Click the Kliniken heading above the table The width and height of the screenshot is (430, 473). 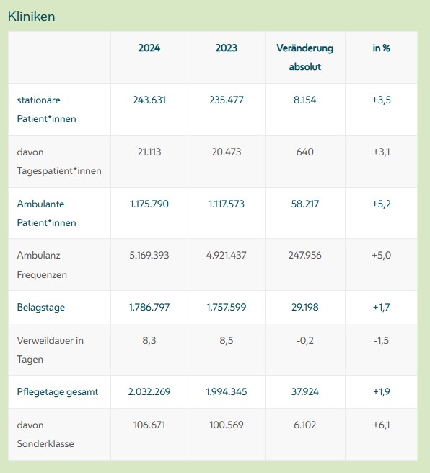pyautogui.click(x=31, y=17)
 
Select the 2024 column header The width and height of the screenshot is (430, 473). pyautogui.click(x=149, y=48)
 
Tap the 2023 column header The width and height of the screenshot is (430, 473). pyautogui.click(x=227, y=48)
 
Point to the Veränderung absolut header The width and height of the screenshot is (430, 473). pyautogui.click(x=305, y=57)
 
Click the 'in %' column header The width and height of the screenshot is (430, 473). pyautogui.click(x=381, y=48)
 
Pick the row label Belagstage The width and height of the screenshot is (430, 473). pyautogui.click(x=41, y=308)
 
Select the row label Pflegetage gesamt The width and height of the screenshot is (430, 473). pyautogui.click(x=58, y=392)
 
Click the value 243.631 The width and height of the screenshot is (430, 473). pyautogui.click(x=149, y=100)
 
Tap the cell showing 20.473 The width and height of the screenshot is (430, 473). pyautogui.click(x=227, y=152)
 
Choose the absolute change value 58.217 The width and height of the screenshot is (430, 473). pyautogui.click(x=305, y=204)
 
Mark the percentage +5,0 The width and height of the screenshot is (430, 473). pyautogui.click(x=381, y=255)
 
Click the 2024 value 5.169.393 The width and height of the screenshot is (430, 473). pyautogui.click(x=149, y=255)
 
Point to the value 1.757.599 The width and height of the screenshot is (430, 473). pyautogui.click(x=227, y=307)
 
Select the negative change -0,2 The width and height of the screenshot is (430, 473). pyautogui.click(x=305, y=341)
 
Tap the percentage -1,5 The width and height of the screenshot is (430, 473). pyautogui.click(x=381, y=341)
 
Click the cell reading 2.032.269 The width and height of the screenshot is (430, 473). pyautogui.click(x=149, y=391)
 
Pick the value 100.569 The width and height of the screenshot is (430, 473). pyautogui.click(x=227, y=425)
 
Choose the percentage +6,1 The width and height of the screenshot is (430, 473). pyautogui.click(x=381, y=425)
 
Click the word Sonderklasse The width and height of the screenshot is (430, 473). pyautogui.click(x=45, y=443)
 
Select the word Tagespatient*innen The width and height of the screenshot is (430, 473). pyautogui.click(x=59, y=171)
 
